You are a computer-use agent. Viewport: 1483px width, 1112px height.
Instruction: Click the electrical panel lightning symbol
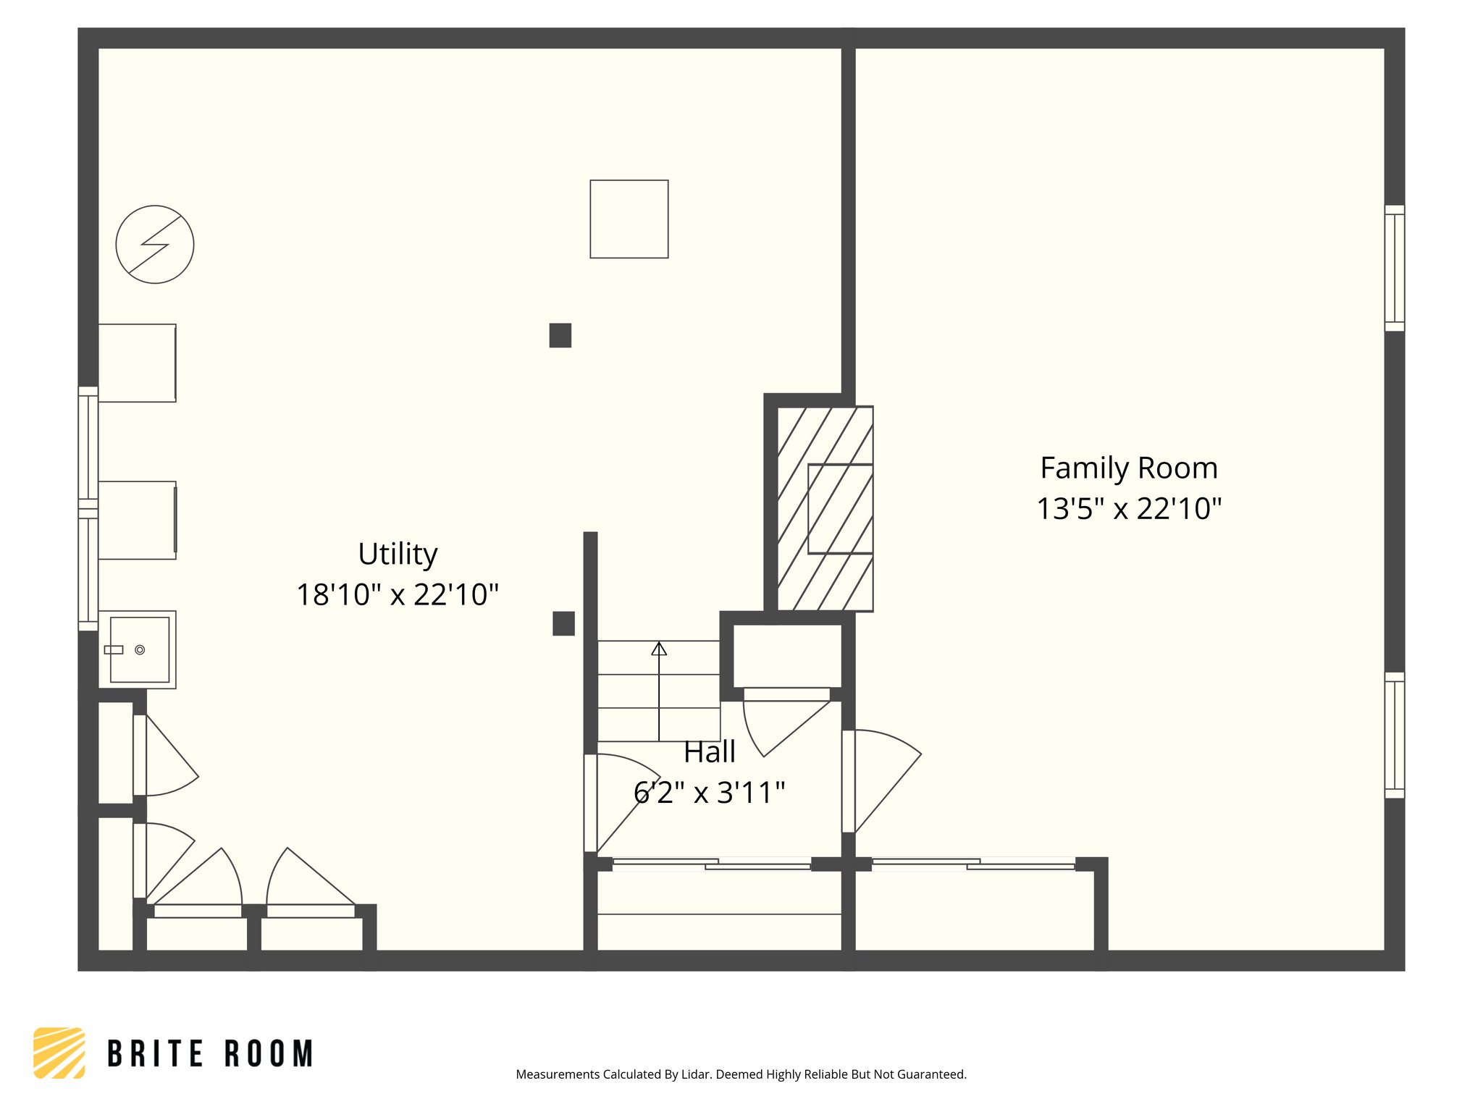[x=155, y=245]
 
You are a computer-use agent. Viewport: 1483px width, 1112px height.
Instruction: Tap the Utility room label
[x=398, y=555]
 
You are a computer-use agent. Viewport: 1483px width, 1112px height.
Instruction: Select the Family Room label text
[x=1128, y=468]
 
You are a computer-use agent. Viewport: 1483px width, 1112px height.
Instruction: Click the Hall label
[x=710, y=752]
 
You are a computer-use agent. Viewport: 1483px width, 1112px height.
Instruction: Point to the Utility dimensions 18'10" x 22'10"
[x=398, y=595]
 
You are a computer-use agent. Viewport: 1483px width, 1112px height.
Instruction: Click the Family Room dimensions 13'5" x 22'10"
[x=1128, y=509]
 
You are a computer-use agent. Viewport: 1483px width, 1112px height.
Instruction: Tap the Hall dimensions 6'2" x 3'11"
[x=709, y=793]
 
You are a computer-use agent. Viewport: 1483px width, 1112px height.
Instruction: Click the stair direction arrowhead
[x=659, y=649]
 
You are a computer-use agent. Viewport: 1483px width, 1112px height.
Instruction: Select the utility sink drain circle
[x=140, y=650]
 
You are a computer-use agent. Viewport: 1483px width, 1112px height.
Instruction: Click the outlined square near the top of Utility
[x=629, y=219]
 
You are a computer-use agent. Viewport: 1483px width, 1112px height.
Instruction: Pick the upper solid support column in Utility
[x=560, y=335]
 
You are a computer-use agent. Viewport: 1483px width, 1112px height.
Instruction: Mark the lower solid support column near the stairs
[x=563, y=623]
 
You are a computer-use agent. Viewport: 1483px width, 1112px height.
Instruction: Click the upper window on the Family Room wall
[x=1394, y=268]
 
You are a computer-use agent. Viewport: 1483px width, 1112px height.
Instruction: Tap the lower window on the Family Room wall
[x=1394, y=735]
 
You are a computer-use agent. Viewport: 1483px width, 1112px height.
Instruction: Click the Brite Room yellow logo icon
[x=59, y=1053]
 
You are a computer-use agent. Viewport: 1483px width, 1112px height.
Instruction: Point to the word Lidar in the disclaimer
[x=696, y=1074]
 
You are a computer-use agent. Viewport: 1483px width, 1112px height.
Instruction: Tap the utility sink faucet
[x=114, y=650]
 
